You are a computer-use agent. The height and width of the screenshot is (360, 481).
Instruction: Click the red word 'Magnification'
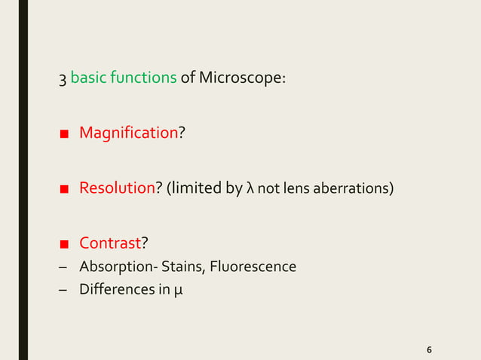[x=128, y=133]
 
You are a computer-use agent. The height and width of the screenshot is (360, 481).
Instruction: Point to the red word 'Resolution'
[x=117, y=188]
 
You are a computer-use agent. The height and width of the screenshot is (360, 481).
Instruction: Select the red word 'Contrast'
[x=111, y=243]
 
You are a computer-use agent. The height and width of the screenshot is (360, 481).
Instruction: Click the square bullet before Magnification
[x=65, y=134]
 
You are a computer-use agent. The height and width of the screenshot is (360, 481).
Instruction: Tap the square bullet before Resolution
[x=65, y=189]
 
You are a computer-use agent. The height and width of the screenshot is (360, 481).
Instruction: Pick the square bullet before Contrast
[x=65, y=243]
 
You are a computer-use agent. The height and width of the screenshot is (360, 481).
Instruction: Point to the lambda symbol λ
[x=250, y=188]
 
